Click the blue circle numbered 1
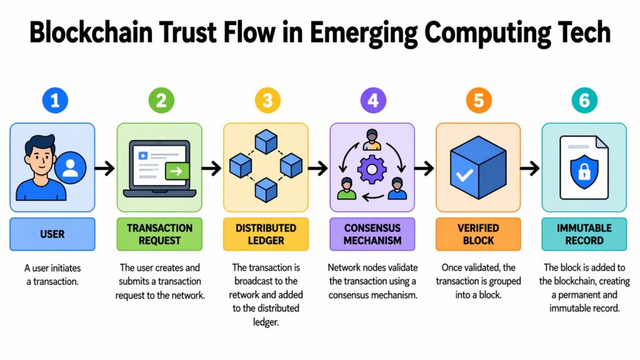coord(54,101)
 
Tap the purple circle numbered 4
coord(373,101)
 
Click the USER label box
coord(53,234)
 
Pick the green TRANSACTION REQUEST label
coord(159,234)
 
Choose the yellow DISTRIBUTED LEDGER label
coord(266,234)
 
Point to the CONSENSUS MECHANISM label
coord(372,234)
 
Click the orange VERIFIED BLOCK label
coord(478,234)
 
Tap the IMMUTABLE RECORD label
coord(584,234)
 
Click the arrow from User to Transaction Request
coord(106,167)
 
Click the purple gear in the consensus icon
coord(372,169)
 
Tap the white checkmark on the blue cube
coord(464,174)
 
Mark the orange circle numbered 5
coord(478,101)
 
